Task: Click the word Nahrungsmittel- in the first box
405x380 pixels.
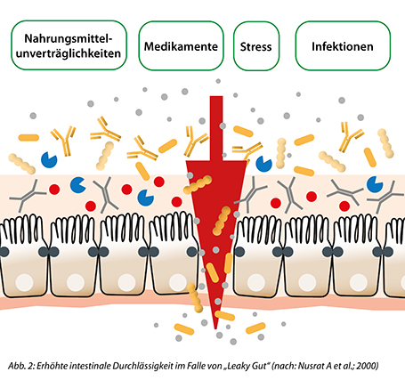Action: [69, 38]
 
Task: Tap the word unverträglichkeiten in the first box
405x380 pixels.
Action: [69, 53]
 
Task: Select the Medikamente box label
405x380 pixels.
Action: [181, 46]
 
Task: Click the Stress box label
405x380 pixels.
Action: [255, 47]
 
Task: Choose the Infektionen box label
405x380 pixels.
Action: [343, 46]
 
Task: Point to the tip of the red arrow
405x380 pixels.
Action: [215, 328]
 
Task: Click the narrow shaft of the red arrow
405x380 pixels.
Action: [216, 128]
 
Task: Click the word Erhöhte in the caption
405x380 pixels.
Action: [52, 366]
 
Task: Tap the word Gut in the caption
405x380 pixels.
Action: [259, 366]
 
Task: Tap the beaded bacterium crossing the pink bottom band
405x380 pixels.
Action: [195, 298]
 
